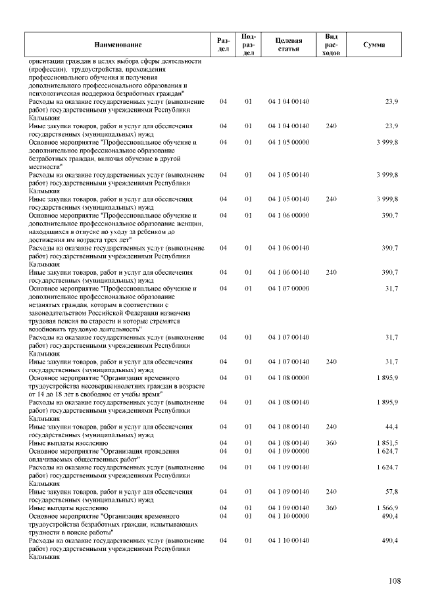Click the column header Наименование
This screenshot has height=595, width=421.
click(118, 44)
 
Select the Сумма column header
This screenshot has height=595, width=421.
click(374, 44)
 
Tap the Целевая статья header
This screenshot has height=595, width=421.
click(289, 44)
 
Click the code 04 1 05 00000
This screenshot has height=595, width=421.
click(289, 142)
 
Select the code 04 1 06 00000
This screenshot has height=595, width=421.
click(289, 215)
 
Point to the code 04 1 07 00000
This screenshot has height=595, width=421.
click(289, 288)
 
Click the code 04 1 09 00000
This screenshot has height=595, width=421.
click(289, 451)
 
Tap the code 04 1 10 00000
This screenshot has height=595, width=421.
click(289, 516)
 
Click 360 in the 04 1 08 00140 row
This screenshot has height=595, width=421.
click(332, 443)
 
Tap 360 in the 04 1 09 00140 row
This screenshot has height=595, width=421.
click(332, 508)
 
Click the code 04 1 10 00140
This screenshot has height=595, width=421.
click(289, 540)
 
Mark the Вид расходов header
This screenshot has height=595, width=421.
click(332, 44)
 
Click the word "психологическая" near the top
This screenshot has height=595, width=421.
click(51, 93)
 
